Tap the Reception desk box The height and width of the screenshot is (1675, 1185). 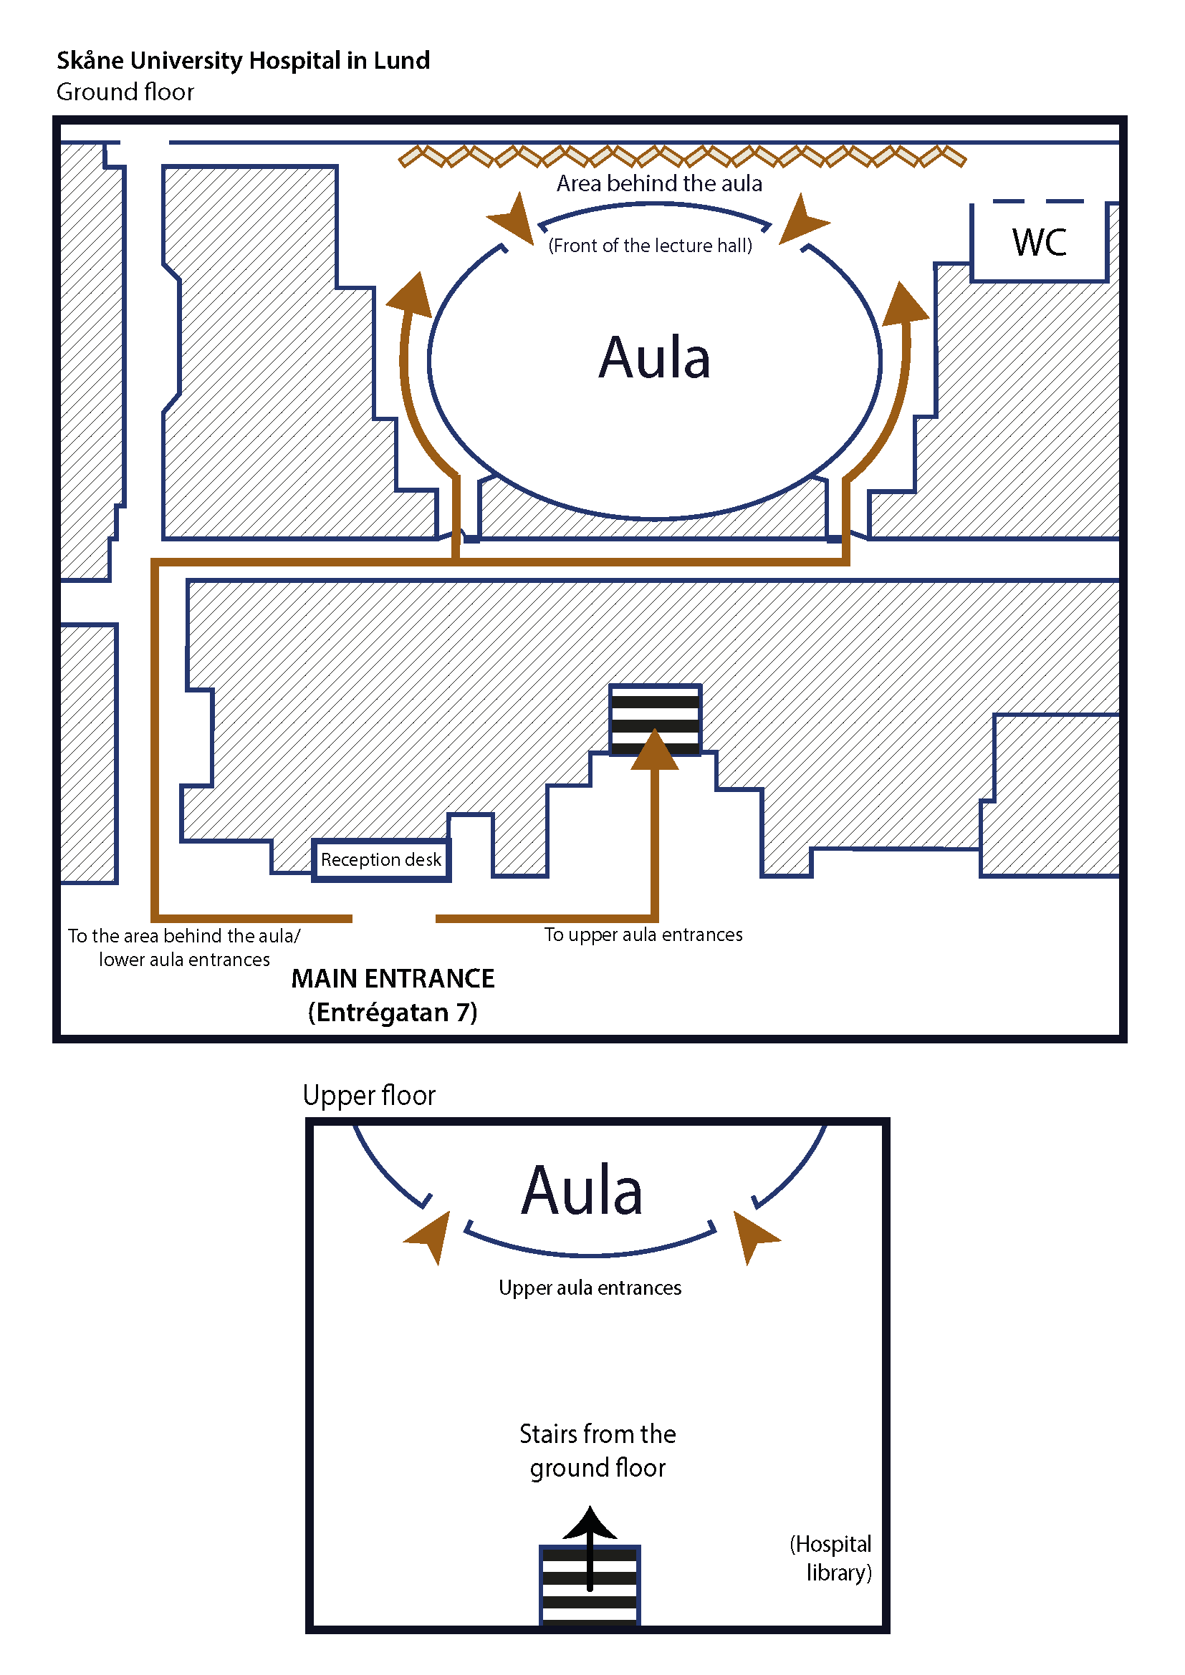pos(381,860)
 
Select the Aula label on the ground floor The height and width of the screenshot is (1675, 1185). pos(655,357)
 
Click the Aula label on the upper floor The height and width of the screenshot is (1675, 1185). pos(582,1191)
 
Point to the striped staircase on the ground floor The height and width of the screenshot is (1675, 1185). pos(656,719)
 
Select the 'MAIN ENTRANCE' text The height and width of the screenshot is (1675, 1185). pos(393,978)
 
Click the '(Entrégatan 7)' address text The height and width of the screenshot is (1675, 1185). pos(393,1013)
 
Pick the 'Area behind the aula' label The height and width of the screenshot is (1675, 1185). pos(659,183)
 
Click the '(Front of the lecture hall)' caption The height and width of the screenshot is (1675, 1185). pos(650,246)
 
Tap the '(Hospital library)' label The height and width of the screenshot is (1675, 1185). pos(832,1558)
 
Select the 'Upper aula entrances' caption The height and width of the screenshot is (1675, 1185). pos(590,1288)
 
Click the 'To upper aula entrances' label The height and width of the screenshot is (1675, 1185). pos(643,935)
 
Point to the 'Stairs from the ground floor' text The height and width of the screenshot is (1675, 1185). pos(598,1450)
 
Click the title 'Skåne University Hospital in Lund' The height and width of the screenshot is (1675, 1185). pos(243,61)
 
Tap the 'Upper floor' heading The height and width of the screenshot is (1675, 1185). pos(368,1095)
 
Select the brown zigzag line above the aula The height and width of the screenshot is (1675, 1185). pos(682,156)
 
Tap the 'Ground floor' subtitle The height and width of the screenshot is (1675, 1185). pos(125,92)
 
